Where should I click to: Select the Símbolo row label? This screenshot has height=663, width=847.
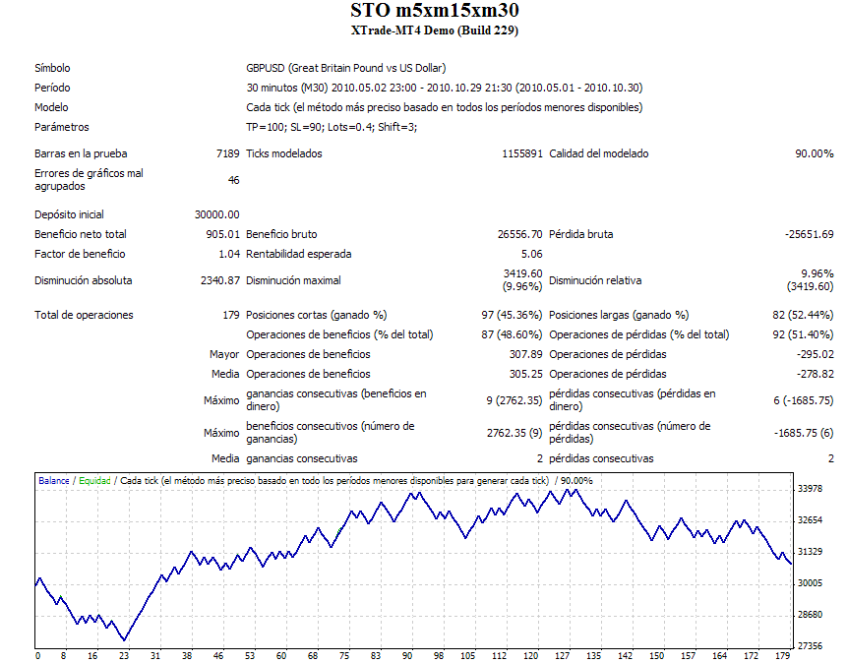tap(52, 68)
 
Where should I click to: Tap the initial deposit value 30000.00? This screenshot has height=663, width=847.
tap(217, 214)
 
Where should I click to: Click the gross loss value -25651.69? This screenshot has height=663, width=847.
tap(809, 234)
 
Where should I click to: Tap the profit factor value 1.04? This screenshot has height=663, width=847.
tap(228, 254)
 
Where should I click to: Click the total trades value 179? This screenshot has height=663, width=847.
tap(230, 315)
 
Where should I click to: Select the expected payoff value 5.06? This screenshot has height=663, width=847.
tap(531, 254)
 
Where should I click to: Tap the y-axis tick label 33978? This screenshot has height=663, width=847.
tap(810, 489)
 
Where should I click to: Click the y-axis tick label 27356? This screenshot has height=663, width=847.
tap(810, 646)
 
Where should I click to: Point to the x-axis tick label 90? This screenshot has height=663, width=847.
tap(406, 655)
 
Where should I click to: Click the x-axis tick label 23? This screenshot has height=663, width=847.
tap(124, 655)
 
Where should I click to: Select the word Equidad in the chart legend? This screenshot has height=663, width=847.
tap(94, 481)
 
